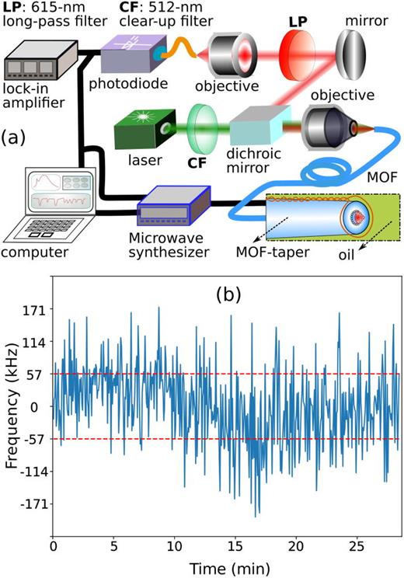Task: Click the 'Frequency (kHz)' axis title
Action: pyautogui.click(x=10, y=406)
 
